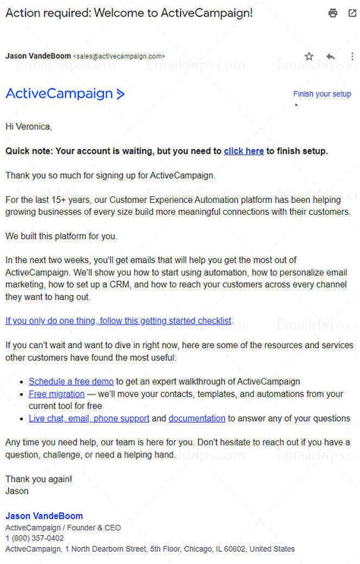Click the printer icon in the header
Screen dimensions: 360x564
(x=333, y=13)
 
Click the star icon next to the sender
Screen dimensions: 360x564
(x=309, y=56)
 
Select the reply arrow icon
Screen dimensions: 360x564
(x=330, y=56)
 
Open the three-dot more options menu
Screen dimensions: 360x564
(x=352, y=56)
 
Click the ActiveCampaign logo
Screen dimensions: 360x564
(x=65, y=94)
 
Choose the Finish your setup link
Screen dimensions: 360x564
(x=322, y=94)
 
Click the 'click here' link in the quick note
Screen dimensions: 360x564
(x=244, y=151)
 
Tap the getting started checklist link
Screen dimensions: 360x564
(x=118, y=321)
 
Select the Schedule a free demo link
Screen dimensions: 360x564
(x=71, y=381)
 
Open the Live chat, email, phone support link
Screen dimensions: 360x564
(x=89, y=418)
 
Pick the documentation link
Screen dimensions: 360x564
(x=197, y=418)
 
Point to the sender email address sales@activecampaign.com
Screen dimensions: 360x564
(x=119, y=56)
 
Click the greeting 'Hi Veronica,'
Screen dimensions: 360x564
(x=29, y=126)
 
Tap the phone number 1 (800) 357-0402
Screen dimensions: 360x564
(x=34, y=538)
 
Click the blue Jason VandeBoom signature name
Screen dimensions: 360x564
(x=44, y=516)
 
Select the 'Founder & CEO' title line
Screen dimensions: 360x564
(x=93, y=528)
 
